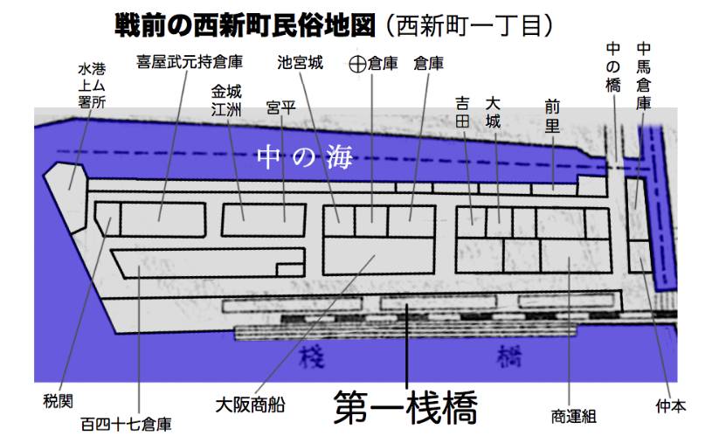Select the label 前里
[x=552, y=114]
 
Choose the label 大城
[x=493, y=113]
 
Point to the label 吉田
[x=463, y=113]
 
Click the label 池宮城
[x=301, y=63]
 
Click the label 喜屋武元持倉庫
[x=190, y=62]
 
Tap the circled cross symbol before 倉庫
[x=358, y=64]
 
